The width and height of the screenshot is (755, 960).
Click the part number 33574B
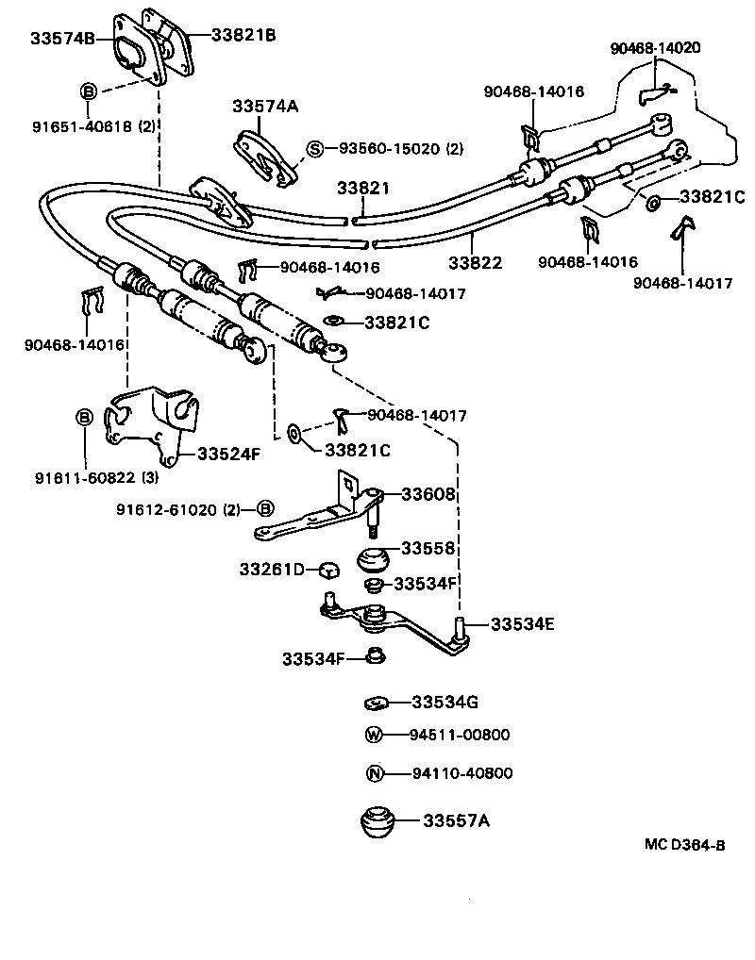pyautogui.click(x=62, y=39)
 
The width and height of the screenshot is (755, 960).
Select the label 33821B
pyautogui.click(x=243, y=35)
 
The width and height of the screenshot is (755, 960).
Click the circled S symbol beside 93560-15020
pyautogui.click(x=315, y=149)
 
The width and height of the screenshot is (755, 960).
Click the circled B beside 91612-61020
pyautogui.click(x=265, y=509)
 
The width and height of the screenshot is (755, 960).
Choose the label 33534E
pyautogui.click(x=521, y=623)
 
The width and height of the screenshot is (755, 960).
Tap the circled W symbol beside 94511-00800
pyautogui.click(x=375, y=736)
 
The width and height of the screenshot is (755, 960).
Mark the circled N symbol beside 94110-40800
pyautogui.click(x=375, y=774)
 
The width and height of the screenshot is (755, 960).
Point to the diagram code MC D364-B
pyautogui.click(x=683, y=845)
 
